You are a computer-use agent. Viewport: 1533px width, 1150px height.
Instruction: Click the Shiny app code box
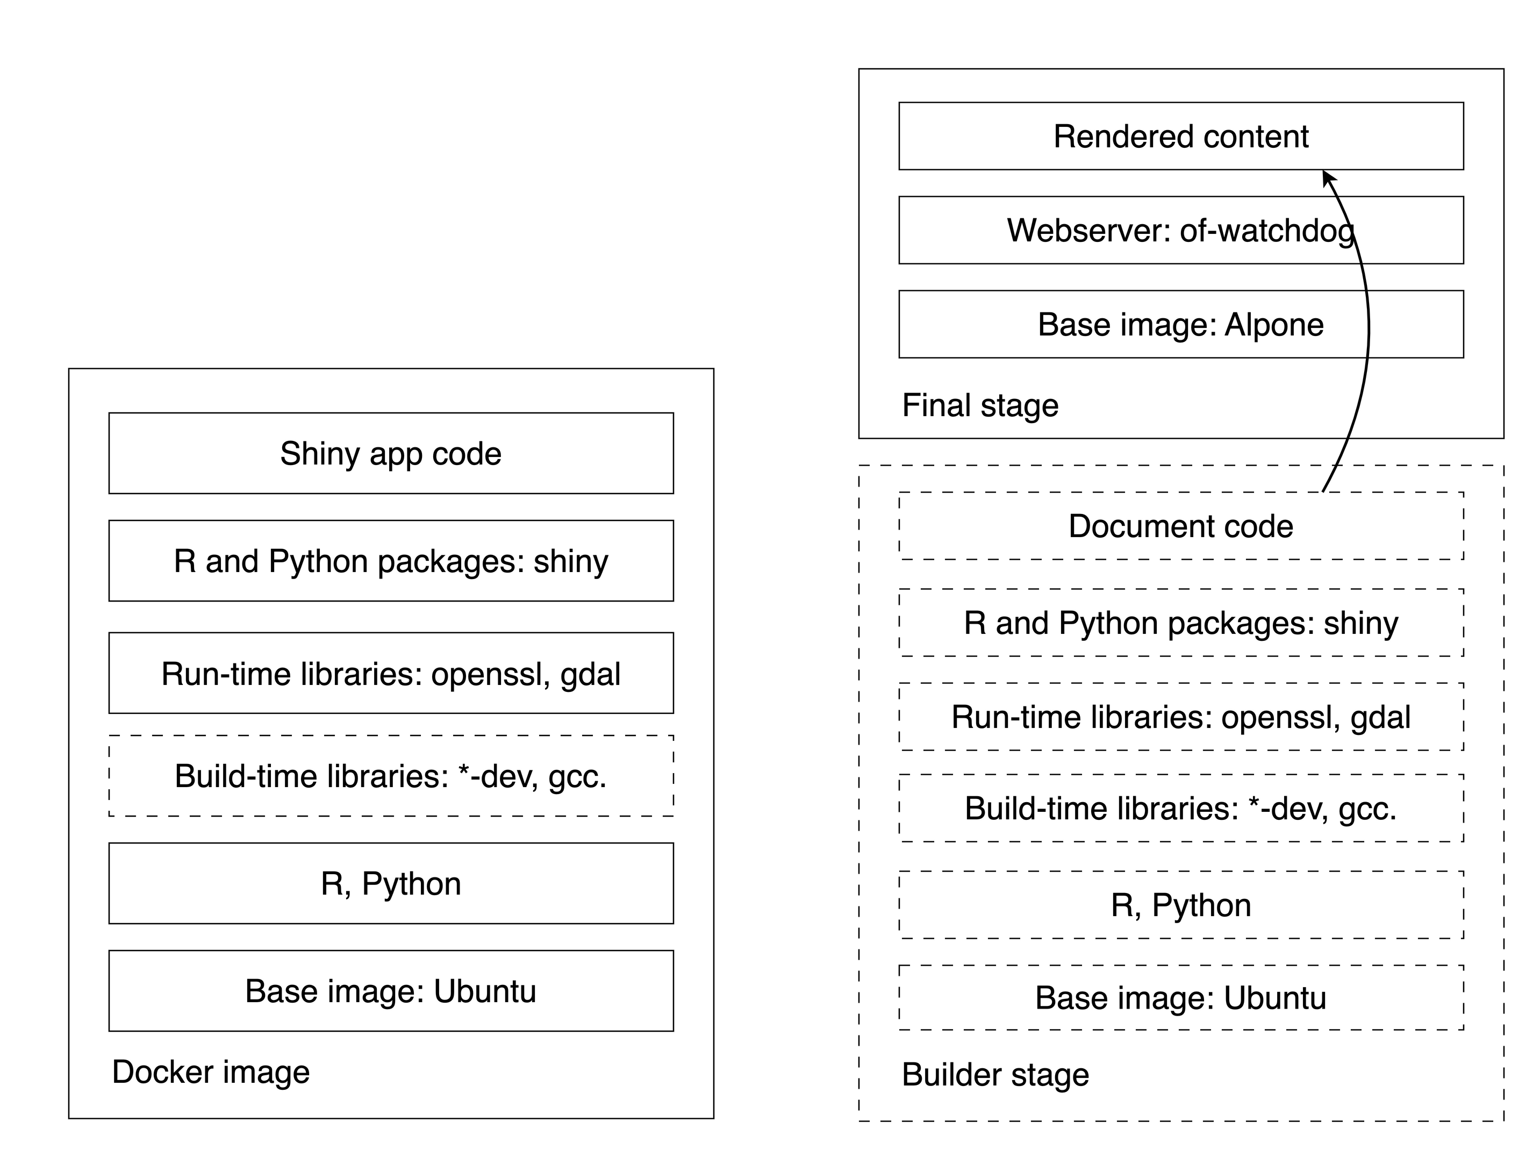tap(391, 453)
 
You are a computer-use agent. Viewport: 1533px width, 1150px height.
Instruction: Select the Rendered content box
tap(1180, 136)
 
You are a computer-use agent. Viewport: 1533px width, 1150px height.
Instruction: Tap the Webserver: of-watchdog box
tap(1180, 230)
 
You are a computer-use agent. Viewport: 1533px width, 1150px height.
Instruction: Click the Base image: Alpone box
tap(1180, 324)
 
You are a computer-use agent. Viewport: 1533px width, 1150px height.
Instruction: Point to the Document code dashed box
tap(1180, 526)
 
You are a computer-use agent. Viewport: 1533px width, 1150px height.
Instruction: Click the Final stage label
tap(980, 405)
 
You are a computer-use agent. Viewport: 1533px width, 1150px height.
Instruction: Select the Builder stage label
tap(995, 1074)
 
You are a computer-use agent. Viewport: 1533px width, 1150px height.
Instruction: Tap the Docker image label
tap(211, 1072)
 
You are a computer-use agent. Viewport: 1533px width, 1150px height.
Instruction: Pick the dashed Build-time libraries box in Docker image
tap(391, 776)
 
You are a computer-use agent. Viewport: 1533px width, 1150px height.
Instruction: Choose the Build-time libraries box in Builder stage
tap(1180, 808)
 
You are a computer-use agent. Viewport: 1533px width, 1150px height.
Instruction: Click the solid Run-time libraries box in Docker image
tap(391, 673)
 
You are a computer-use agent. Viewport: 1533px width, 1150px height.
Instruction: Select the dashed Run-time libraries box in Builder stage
tap(1180, 717)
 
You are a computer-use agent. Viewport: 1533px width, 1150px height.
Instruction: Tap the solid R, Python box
tap(391, 883)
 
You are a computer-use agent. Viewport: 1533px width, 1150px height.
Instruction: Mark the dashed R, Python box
tap(1180, 905)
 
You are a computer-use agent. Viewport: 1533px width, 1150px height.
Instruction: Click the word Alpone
tap(1274, 324)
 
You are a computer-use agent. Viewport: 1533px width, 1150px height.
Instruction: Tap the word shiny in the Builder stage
tap(1360, 623)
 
